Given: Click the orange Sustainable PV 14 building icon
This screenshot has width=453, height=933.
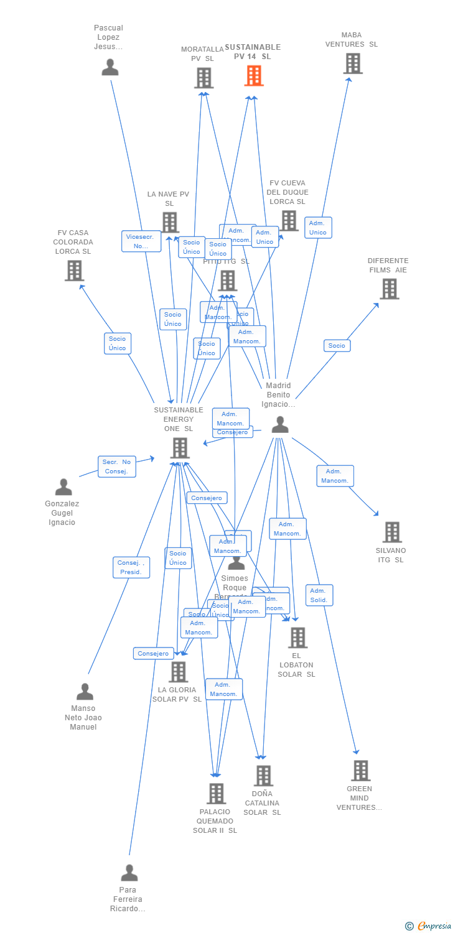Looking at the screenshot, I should pos(254,76).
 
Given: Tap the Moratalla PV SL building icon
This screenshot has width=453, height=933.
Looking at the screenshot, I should pos(203,78).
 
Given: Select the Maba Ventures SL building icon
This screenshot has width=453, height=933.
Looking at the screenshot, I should pos(353,63).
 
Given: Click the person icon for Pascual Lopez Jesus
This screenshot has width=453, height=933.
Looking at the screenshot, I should pos(110,67).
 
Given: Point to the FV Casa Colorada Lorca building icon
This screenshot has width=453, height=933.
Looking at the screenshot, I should pos(74,271).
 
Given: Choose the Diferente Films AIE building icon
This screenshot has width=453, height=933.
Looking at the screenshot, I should pos(389,289).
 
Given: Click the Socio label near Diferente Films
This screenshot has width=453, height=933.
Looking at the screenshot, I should pos(337,346).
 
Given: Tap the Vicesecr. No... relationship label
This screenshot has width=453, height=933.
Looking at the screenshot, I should pos(141,241).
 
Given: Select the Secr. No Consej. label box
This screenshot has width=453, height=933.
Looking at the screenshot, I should pos(117,466).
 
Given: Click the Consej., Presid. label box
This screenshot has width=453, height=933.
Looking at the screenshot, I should pos(131,567).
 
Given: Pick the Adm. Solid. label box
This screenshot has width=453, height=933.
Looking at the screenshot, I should pos(319,595).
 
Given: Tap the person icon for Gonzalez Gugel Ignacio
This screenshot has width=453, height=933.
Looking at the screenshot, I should pos(63,487).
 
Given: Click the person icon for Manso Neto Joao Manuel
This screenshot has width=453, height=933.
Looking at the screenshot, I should pos(85,692).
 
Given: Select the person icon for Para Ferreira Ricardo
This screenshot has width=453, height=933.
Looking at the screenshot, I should pos(129,873).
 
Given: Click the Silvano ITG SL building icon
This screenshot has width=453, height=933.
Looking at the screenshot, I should pos(392,532).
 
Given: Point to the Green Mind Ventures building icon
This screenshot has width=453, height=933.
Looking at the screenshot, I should pos(360,771).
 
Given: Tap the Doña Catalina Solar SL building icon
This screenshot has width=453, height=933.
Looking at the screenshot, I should pos(263,776).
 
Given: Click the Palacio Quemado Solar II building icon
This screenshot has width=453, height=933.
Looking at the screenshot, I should pos(216,794).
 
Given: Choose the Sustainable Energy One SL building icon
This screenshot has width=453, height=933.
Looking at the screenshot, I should pos(180,448).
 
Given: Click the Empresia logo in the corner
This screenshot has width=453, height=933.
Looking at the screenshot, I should pos(427,926).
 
